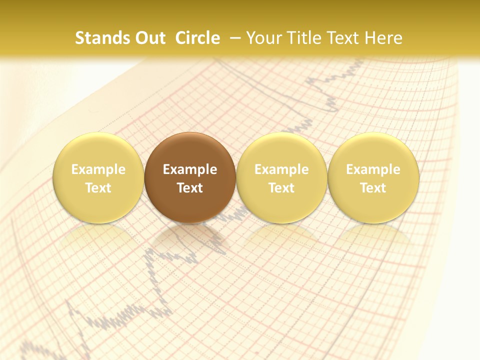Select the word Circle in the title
(x=197, y=38)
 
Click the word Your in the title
(x=263, y=38)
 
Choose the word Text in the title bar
(x=343, y=38)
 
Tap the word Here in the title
(x=384, y=38)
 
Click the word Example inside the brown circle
(x=190, y=169)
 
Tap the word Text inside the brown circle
(x=190, y=188)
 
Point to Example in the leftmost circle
(x=98, y=169)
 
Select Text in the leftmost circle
(x=98, y=188)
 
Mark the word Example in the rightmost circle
(x=373, y=169)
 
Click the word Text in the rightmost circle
(x=373, y=188)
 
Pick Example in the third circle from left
(x=281, y=169)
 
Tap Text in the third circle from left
(x=281, y=188)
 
